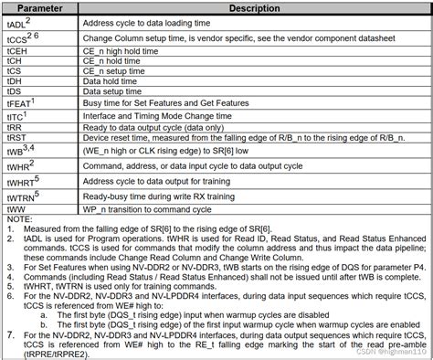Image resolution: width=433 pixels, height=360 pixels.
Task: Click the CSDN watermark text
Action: pos(385,351)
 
